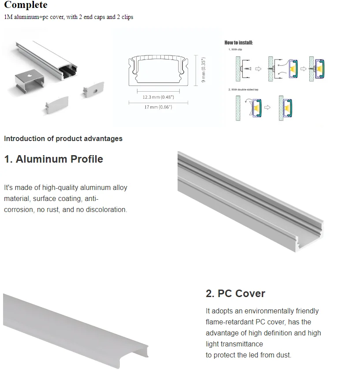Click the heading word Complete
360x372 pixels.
pyautogui.click(x=26, y=6)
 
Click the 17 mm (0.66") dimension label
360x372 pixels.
pyautogui.click(x=158, y=107)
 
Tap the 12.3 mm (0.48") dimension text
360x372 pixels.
pyautogui.click(x=158, y=97)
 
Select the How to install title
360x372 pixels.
pyautogui.click(x=238, y=43)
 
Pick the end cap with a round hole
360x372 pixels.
pyautogui.click(x=93, y=89)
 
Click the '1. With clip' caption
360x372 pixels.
pyautogui.click(x=236, y=50)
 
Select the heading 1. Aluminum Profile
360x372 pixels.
pyautogui.click(x=53, y=159)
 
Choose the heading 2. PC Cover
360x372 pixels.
pyautogui.click(x=235, y=294)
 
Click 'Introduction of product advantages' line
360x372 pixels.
pyautogui.click(x=63, y=138)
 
